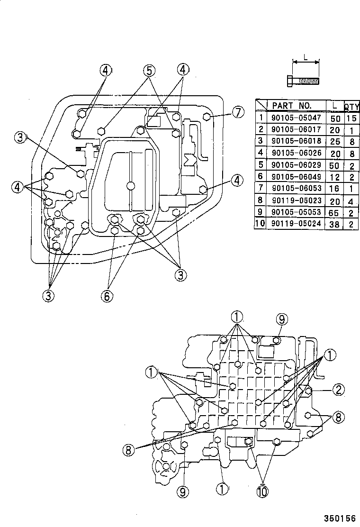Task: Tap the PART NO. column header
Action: tap(291, 105)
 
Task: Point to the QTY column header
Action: tap(351, 106)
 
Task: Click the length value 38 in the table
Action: tap(334, 225)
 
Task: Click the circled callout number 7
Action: tap(238, 113)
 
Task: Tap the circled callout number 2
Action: tap(337, 390)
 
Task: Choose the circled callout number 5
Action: tap(149, 71)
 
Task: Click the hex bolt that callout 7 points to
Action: tap(207, 117)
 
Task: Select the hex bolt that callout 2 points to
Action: tap(308, 390)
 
